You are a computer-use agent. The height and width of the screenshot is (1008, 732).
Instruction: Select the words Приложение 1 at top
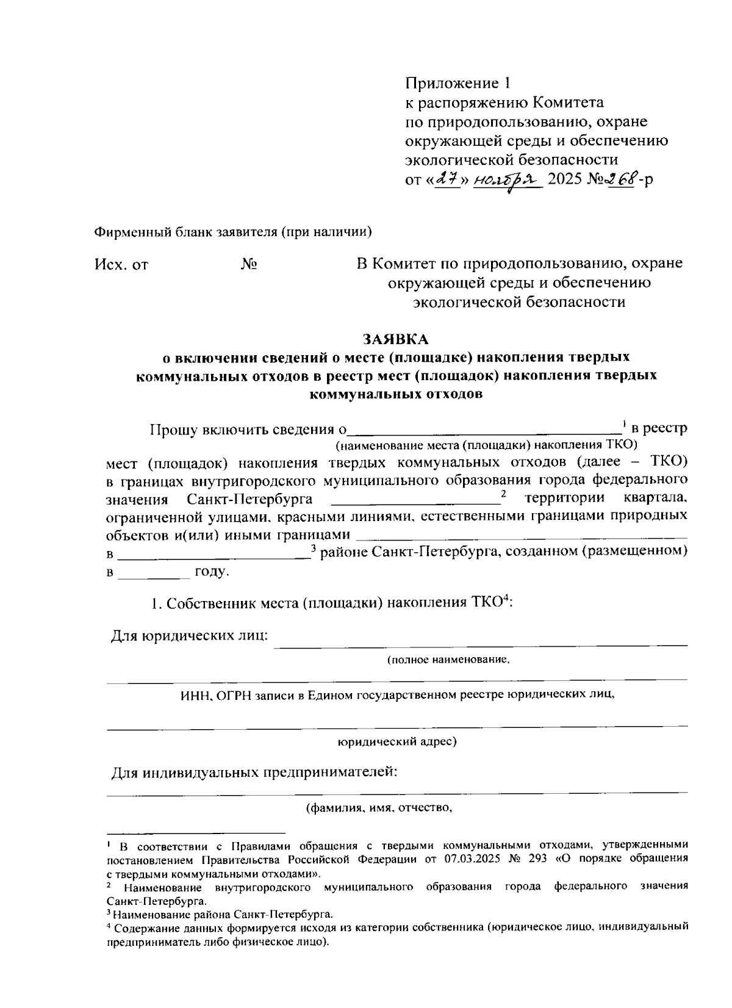click(456, 83)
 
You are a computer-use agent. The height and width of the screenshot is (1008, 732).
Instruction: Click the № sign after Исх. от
click(248, 264)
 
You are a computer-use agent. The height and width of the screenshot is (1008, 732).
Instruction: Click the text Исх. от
click(121, 265)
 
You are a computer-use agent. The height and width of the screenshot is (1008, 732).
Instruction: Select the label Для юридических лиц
click(189, 636)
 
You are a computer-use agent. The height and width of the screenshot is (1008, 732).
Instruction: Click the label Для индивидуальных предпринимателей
click(254, 773)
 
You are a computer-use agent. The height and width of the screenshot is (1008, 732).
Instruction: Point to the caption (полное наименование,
click(448, 660)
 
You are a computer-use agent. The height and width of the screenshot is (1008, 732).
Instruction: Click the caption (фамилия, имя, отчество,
click(379, 808)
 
